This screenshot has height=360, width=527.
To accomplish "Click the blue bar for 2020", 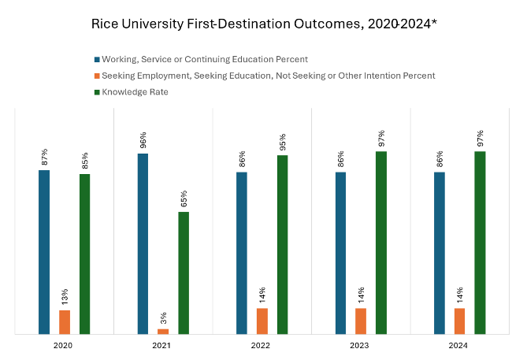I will [44, 252].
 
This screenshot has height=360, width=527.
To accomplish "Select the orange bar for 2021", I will [163, 332].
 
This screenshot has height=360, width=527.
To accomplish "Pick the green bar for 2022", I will [282, 245].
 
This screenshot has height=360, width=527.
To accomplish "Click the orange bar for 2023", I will [361, 321].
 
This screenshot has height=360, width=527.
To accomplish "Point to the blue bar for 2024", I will [440, 253].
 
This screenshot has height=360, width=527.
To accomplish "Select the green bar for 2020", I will [84, 254].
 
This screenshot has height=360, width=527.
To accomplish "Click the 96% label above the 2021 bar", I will [143, 140].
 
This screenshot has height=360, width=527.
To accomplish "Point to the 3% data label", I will [164, 317].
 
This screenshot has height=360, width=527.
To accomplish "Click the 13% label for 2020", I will [65, 297].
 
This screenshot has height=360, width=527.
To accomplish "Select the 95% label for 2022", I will [282, 142].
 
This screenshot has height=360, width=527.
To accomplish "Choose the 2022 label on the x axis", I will [262, 346].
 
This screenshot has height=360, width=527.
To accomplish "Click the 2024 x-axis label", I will [459, 346].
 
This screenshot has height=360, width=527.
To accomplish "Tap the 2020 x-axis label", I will [64, 346].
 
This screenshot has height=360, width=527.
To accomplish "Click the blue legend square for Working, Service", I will [97, 59].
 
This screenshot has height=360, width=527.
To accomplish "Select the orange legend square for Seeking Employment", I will [97, 76].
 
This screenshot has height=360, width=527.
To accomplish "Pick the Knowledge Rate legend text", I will [135, 92].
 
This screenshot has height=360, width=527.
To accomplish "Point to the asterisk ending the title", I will [433, 22].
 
